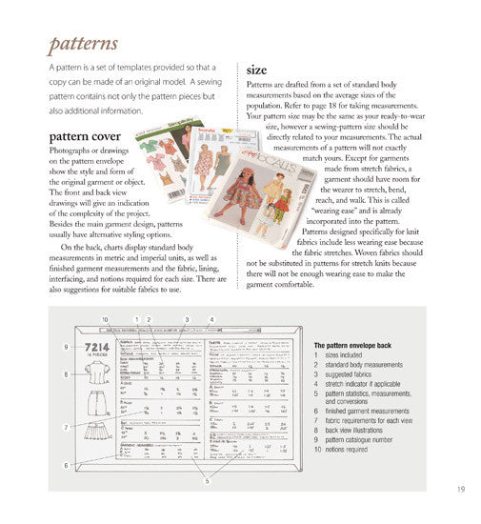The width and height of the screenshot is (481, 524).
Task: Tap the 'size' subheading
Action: pyautogui.click(x=256, y=71)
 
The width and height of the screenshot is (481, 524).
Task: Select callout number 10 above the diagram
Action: pyautogui.click(x=105, y=318)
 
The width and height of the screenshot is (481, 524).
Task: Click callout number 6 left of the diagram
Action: pyautogui.click(x=67, y=464)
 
